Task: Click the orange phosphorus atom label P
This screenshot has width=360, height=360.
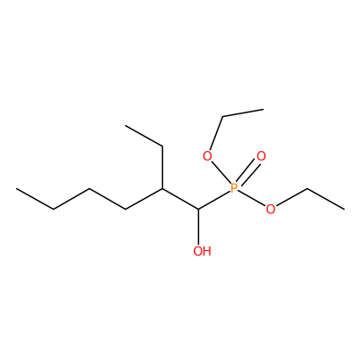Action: coord(234,188)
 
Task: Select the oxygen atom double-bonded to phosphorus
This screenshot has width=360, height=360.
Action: coord(261,157)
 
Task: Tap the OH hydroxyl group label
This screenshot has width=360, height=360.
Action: coord(202,251)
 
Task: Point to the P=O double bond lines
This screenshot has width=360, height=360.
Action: coord(247,172)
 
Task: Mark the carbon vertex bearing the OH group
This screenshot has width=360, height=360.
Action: coord(198,209)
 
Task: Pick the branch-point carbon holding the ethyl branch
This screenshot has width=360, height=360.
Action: coord(162,188)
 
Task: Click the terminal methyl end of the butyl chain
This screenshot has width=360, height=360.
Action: coord(17,189)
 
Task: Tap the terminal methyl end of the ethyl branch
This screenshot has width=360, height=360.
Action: coord(126,126)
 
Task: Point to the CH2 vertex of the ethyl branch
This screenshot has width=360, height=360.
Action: coord(162,147)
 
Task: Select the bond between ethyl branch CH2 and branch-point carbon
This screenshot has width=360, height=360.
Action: coord(162,167)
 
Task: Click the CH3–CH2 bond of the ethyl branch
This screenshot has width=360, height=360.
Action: coord(144,136)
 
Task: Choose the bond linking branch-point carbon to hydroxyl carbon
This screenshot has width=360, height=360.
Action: coord(180,199)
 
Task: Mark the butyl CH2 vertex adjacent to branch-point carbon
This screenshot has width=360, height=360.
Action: coord(126,209)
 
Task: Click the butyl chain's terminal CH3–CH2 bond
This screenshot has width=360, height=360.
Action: coord(35,199)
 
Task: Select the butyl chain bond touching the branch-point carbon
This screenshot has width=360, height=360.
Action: coord(144,199)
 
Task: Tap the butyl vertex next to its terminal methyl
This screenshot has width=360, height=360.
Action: coord(54,209)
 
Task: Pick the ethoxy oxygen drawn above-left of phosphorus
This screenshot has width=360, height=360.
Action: coord(207,157)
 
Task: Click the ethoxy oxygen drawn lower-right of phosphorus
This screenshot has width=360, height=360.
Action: coord(270,209)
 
